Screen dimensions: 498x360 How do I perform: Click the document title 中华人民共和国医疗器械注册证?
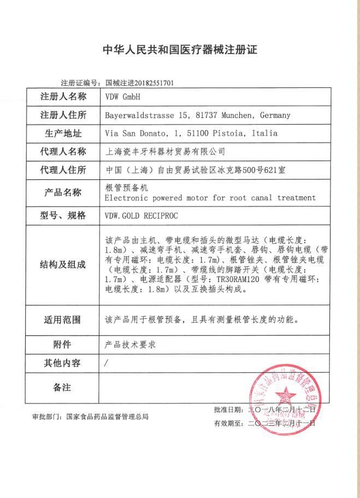tap(180, 50)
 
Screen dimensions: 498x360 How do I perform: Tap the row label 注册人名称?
tap(63, 97)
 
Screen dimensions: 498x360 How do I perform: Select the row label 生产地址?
tap(63, 133)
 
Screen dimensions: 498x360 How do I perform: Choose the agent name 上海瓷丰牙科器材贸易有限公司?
tap(164, 151)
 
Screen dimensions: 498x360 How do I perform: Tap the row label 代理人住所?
tap(63, 170)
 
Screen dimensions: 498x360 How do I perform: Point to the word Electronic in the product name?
tap(126, 197)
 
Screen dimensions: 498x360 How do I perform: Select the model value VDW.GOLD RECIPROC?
tap(143, 215)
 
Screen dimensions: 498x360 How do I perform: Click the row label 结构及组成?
tap(63, 265)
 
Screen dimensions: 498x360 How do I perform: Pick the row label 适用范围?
tap(63, 320)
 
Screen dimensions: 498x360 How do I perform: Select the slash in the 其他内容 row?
tap(106, 363)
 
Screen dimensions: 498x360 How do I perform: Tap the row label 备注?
tap(63, 387)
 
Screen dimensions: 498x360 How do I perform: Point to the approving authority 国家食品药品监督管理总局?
tap(107, 417)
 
